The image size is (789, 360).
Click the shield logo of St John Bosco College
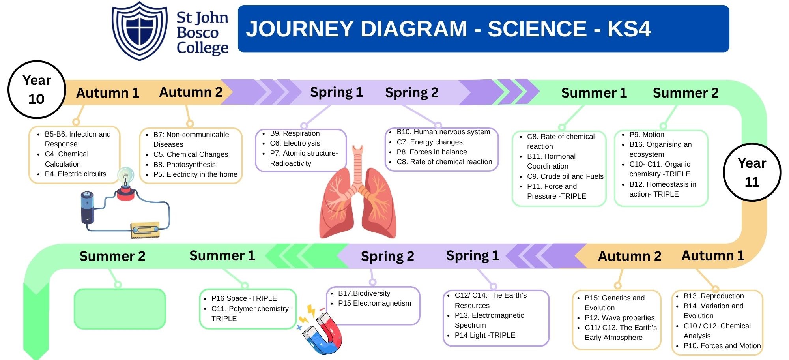coord(139,30)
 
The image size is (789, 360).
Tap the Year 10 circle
coord(37,90)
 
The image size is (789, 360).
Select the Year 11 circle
coord(752,172)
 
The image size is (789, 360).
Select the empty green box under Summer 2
coord(120,309)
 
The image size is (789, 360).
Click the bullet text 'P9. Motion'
coord(647,135)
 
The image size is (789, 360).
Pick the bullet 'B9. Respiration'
coord(295,133)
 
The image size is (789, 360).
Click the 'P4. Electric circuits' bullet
coord(75,174)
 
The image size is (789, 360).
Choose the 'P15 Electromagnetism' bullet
coord(374,303)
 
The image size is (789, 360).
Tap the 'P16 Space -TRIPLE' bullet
coord(244,298)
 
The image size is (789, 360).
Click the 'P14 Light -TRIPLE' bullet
coord(485,335)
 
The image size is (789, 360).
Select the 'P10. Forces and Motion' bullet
coord(722,346)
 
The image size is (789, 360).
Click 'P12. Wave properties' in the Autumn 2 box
coord(619,318)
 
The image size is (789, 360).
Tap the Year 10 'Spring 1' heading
coord(336,92)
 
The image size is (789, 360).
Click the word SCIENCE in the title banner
coord(537,29)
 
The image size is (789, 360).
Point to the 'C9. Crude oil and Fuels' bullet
coord(565,176)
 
